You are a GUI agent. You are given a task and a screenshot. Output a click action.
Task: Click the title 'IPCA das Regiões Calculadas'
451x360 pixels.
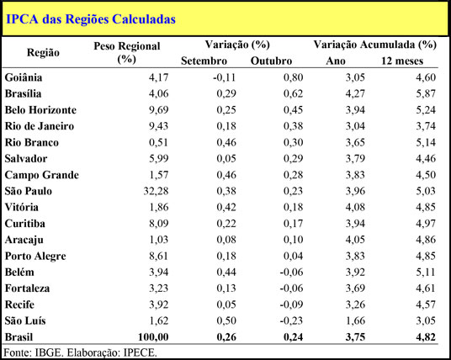point(91,19)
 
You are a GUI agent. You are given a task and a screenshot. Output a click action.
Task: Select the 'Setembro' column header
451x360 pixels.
point(204,61)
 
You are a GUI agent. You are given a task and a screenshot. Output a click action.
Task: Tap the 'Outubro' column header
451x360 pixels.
point(271,61)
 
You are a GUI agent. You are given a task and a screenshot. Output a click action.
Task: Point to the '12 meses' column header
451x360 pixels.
point(402,61)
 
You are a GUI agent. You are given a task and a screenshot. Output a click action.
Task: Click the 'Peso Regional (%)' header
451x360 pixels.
point(127,53)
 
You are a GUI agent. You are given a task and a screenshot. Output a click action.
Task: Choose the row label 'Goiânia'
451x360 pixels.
point(24,77)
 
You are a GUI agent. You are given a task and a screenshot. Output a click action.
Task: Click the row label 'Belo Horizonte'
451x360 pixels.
point(40,110)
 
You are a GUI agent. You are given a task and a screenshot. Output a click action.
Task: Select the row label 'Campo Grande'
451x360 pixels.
point(42,175)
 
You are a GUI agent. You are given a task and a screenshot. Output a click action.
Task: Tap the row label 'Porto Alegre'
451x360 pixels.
point(35,256)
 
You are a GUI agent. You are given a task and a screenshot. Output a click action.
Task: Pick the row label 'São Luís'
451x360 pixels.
point(25,320)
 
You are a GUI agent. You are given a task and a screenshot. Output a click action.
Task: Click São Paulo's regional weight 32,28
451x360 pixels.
point(156,191)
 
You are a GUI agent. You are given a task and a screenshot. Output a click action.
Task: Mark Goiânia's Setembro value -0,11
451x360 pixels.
point(225,77)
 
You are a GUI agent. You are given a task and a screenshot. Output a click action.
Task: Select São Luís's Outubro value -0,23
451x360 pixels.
point(292,320)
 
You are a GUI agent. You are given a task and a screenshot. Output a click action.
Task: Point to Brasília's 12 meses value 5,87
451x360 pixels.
point(426,93)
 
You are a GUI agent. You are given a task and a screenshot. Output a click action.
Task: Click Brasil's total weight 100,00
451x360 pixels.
point(153,337)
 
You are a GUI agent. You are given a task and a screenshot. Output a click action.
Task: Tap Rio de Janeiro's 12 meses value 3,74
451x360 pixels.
point(426,126)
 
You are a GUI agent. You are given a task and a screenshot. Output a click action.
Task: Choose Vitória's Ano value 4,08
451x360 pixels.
point(355,207)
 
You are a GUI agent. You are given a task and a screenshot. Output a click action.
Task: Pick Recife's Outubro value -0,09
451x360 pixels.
point(292,304)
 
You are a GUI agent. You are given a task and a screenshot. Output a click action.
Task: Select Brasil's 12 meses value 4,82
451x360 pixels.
point(426,337)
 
